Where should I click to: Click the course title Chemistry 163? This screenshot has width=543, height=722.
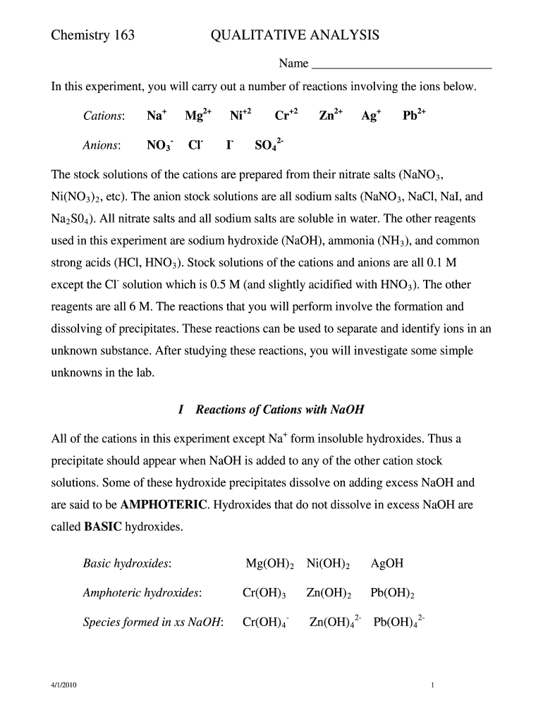point(93,35)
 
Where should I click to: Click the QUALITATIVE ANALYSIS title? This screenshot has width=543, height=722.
point(295,35)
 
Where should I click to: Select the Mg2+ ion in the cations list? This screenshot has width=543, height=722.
point(198,116)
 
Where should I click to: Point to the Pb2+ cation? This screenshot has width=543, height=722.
point(414,116)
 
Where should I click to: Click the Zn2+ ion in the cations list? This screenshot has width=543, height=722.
point(331,116)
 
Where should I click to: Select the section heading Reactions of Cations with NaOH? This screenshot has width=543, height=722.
point(279,410)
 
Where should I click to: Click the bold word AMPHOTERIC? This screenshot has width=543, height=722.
point(164,505)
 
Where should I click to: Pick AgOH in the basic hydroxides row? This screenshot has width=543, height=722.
point(386,564)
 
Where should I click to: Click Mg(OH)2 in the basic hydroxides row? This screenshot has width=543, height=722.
point(268,564)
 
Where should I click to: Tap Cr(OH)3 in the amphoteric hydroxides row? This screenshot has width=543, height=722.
point(264,594)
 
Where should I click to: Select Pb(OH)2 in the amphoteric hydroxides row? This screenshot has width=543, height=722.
point(392,594)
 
